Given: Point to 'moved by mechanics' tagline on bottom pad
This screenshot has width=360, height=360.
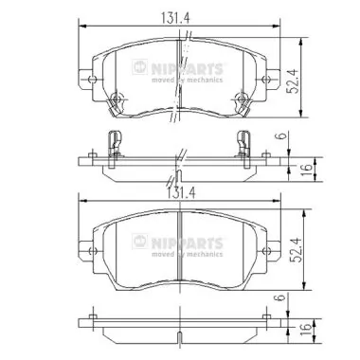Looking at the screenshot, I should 192,255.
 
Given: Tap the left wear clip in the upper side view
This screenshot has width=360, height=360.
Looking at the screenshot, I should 114,141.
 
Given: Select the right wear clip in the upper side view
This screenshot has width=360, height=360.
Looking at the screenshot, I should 244,141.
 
